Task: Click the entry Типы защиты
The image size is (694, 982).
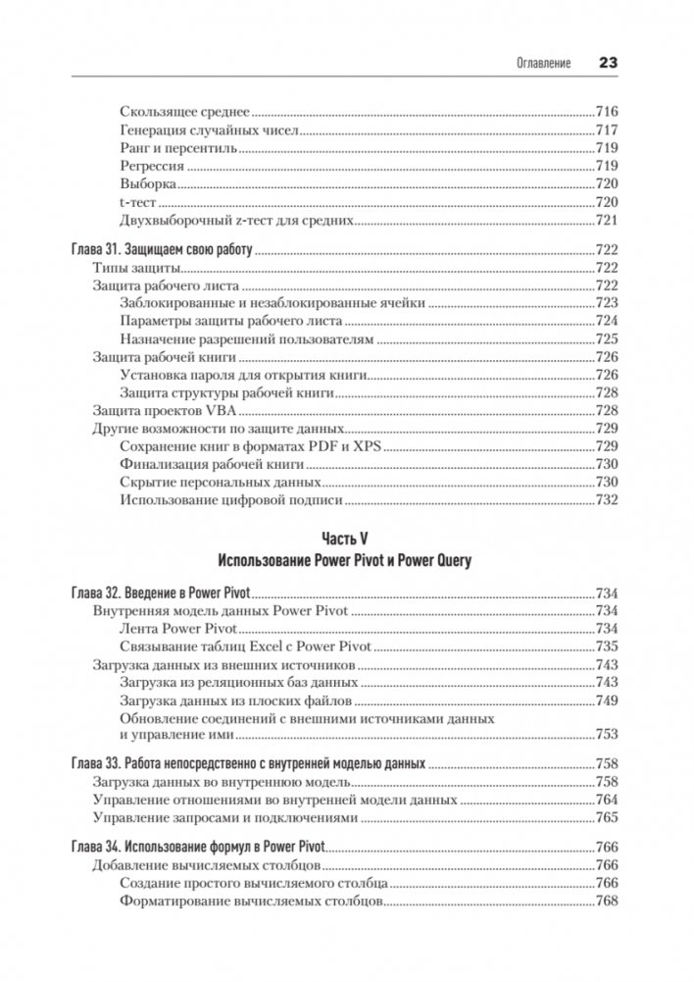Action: (131, 269)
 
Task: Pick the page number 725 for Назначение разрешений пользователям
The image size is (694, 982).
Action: (606, 339)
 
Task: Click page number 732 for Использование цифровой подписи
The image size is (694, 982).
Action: (606, 500)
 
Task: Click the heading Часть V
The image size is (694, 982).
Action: (346, 540)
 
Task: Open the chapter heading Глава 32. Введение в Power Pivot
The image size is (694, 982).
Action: (163, 594)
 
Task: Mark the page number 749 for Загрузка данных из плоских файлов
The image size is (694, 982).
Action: (606, 701)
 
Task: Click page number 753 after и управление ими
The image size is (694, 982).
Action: (606, 734)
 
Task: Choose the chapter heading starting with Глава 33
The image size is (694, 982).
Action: (249, 764)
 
